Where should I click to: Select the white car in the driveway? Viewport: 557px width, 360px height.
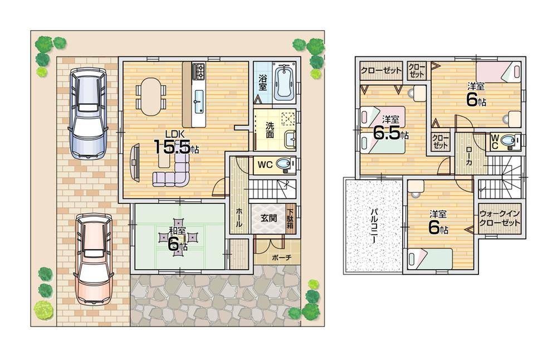[x=87, y=113]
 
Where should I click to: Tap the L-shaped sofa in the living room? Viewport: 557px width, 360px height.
[x=174, y=171]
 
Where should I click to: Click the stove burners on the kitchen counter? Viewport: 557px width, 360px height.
[x=199, y=71]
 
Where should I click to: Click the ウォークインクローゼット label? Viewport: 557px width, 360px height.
[x=500, y=218]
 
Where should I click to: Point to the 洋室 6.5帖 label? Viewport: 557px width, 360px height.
[x=389, y=130]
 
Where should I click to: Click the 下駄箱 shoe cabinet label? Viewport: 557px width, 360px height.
[x=290, y=220]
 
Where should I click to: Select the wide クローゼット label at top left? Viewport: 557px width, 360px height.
[x=380, y=71]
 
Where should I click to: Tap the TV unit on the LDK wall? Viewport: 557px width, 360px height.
[x=134, y=162]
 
